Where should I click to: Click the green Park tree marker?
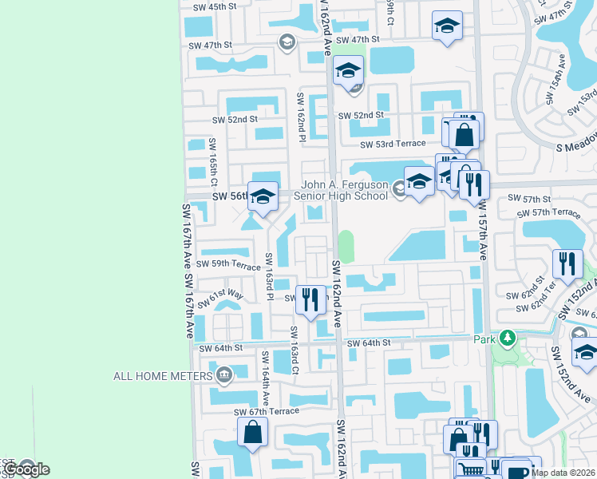click(x=504, y=338)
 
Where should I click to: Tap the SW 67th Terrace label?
click(x=267, y=411)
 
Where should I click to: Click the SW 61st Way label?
click(x=221, y=299)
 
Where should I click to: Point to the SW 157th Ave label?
click(x=483, y=228)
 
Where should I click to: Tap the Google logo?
click(x=26, y=469)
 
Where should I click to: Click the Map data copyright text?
click(x=563, y=473)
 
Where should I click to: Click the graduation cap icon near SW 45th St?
click(x=447, y=26)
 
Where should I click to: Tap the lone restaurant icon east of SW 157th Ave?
click(x=567, y=264)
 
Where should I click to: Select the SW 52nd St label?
click(x=235, y=120)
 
